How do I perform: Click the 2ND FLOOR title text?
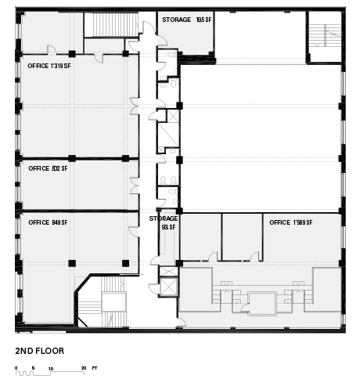pyautogui.click(x=40, y=351)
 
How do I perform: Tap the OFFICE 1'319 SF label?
pyautogui.click(x=49, y=66)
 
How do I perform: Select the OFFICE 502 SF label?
pyautogui.click(x=48, y=168)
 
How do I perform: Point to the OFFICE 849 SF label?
pyautogui.click(x=48, y=222)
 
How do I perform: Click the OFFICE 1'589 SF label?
pyautogui.click(x=291, y=222)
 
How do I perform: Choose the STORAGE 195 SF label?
pyautogui.click(x=187, y=20)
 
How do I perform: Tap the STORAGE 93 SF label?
pyautogui.click(x=164, y=222)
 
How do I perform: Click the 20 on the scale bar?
pyautogui.click(x=84, y=368)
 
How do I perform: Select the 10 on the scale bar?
pyautogui.click(x=51, y=369)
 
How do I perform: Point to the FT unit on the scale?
pyautogui.click(x=95, y=368)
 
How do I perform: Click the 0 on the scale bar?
pyautogui.click(x=16, y=368)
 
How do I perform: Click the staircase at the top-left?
pyautogui.click(x=111, y=25)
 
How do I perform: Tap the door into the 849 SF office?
pyautogui.click(x=134, y=231)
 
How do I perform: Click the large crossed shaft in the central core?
pyautogui.click(x=168, y=135)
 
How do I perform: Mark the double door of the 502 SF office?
pyautogui.click(x=135, y=186)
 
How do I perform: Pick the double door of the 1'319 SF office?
pyautogui.click(x=135, y=106)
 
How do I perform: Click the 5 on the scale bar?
pyautogui.click(x=33, y=368)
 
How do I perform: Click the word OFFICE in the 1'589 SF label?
pyautogui.click(x=280, y=222)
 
